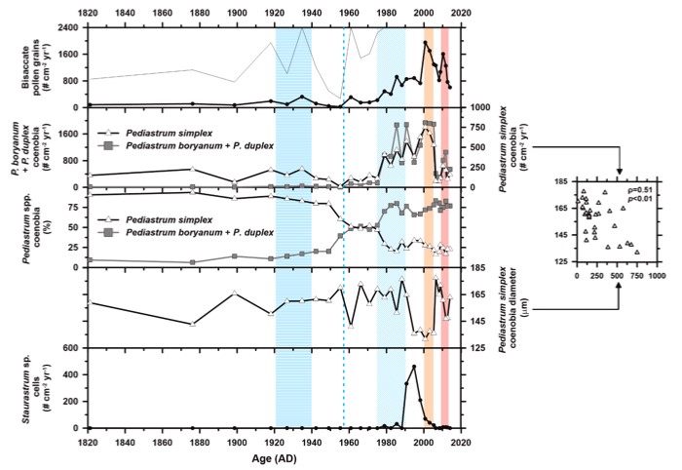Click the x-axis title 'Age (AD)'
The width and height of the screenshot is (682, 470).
(273, 455)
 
